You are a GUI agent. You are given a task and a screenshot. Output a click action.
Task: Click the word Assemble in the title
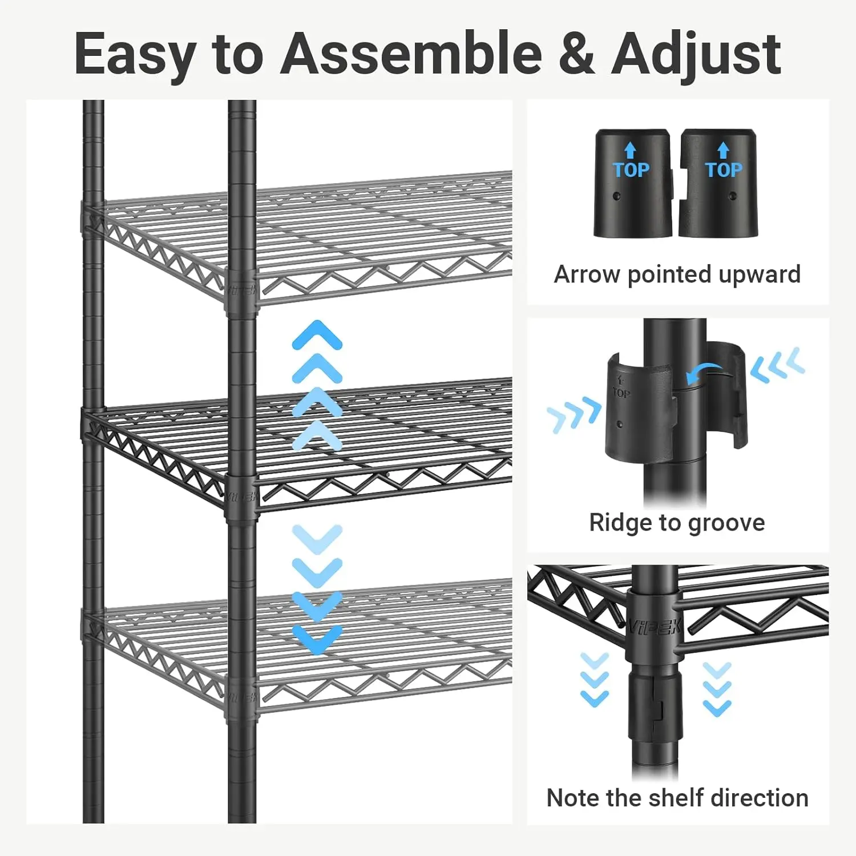410,54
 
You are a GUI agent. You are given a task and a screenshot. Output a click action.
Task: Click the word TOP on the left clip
631,170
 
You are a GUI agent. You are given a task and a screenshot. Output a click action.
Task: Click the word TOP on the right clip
724,170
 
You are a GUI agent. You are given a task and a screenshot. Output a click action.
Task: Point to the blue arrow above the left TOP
630,150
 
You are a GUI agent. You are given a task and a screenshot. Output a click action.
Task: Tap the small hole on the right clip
733,196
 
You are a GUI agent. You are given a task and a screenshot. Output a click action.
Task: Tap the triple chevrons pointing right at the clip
574,415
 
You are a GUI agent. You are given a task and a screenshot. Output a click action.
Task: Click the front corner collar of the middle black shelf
241,496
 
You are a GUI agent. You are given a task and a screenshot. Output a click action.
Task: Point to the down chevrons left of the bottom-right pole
594,680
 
